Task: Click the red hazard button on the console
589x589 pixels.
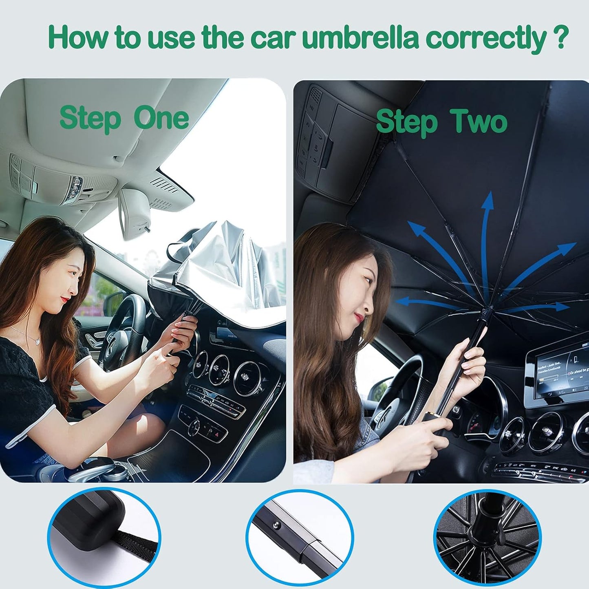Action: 216,435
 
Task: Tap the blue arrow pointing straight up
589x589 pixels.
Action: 487,228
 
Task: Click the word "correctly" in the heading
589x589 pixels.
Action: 485,38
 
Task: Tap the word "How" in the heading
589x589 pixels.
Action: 78,37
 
